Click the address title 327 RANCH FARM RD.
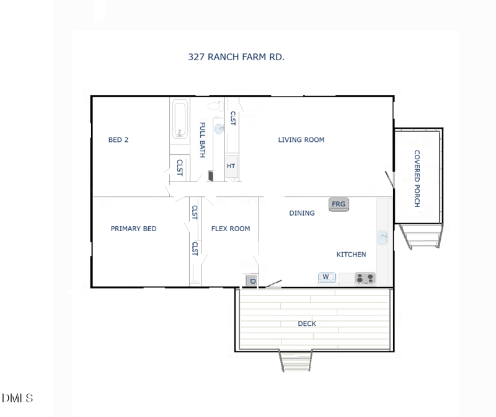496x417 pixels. [x=236, y=56]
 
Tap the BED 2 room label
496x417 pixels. [x=118, y=140]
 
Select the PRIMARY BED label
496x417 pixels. [x=133, y=229]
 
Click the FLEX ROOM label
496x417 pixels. [x=231, y=229]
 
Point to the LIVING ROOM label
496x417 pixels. [x=301, y=140]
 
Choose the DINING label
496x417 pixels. [x=302, y=213]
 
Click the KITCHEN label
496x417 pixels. [x=351, y=255]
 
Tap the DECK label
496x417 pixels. [x=307, y=323]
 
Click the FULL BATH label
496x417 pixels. [x=202, y=140]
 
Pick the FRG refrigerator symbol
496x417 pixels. [x=339, y=204]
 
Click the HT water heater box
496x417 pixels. [x=231, y=166]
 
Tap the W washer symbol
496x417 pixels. [x=326, y=277]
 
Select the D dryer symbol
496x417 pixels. [x=252, y=281]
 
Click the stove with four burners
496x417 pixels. [x=365, y=278]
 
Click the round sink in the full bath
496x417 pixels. [x=219, y=129]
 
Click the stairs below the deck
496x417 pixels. [x=296, y=361]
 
